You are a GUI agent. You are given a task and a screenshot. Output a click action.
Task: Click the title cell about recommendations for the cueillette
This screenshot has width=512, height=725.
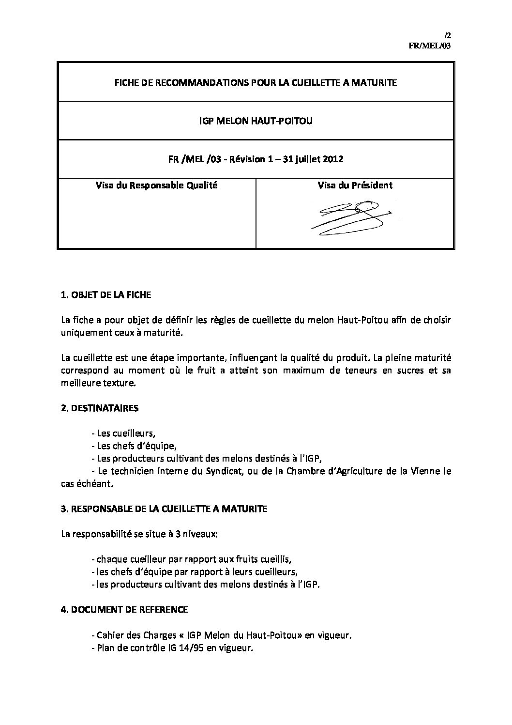point(256,83)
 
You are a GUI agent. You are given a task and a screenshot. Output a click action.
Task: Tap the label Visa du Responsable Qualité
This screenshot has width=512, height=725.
point(156,185)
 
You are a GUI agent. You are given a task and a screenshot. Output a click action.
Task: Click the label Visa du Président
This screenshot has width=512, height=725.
point(355,185)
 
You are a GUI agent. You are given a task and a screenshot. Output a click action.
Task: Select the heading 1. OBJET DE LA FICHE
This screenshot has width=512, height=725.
point(106,295)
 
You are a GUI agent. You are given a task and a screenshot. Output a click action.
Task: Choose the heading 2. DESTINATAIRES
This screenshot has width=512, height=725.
point(100,408)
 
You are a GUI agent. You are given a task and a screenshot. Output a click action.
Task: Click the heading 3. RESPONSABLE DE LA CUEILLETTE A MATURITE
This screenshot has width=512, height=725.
point(164,509)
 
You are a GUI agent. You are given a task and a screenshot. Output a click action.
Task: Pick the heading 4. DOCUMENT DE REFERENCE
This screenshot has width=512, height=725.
point(124,609)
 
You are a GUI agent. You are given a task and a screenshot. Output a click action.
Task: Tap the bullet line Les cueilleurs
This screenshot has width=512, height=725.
point(123,433)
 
